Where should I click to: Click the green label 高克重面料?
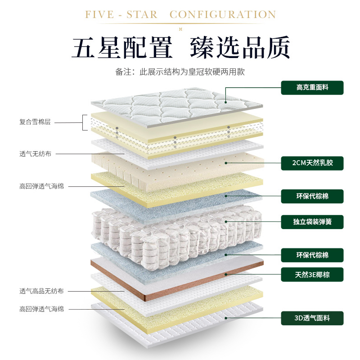312,87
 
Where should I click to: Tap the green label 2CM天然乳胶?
312,163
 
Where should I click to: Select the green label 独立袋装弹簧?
312,221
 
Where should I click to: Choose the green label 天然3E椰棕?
312,274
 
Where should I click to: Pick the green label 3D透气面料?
312,318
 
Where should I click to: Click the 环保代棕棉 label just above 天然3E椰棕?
312,255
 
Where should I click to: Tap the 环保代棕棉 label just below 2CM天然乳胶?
312,196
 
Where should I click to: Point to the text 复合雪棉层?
35,122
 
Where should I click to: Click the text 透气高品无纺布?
41,291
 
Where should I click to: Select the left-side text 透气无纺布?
35,154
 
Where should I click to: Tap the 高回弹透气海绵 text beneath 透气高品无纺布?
41,309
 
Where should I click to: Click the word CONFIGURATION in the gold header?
223,15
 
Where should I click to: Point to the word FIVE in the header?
99,15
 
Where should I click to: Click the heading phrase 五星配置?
122,47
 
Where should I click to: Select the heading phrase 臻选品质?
240,47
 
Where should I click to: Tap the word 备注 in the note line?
122,72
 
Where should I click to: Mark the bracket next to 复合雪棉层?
84,122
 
